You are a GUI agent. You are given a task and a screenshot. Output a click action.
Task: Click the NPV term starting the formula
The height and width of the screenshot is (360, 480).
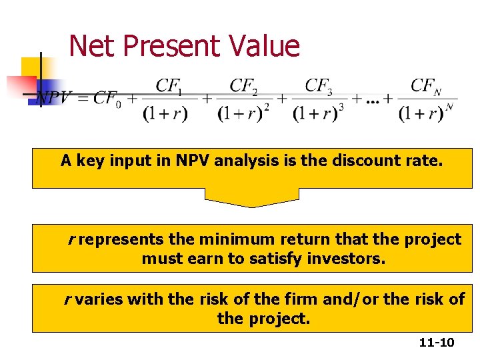tap(54, 98)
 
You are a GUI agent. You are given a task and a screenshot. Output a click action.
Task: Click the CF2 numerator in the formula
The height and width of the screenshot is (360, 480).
tap(244, 86)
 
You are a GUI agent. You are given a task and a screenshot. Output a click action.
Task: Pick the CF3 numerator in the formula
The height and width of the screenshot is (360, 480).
tap(319, 86)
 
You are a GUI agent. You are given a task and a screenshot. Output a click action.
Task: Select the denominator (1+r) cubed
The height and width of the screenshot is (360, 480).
tap(318, 113)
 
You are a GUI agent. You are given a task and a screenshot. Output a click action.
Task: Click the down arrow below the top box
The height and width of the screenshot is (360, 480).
tap(251, 197)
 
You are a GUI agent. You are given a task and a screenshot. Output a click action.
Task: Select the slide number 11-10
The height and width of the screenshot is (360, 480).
tap(437, 343)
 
